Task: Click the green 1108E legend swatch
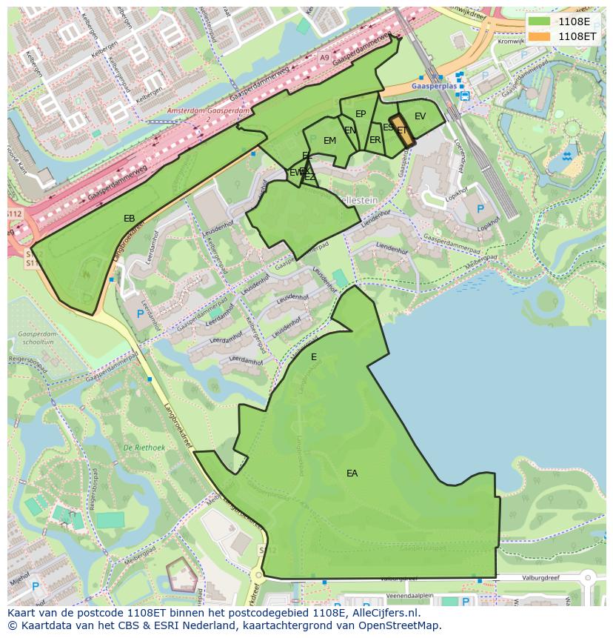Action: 540,21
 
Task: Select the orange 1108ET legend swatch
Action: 540,36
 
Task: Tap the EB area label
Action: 129,219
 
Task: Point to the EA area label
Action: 352,473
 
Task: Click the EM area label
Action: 329,141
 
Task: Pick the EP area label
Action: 361,114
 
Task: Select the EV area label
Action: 420,116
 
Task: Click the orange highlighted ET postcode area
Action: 400,130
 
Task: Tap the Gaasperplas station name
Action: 432,87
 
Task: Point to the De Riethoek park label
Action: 144,448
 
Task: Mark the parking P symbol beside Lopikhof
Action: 480,210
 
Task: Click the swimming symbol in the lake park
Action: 566,156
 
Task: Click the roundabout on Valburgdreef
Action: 587,576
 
